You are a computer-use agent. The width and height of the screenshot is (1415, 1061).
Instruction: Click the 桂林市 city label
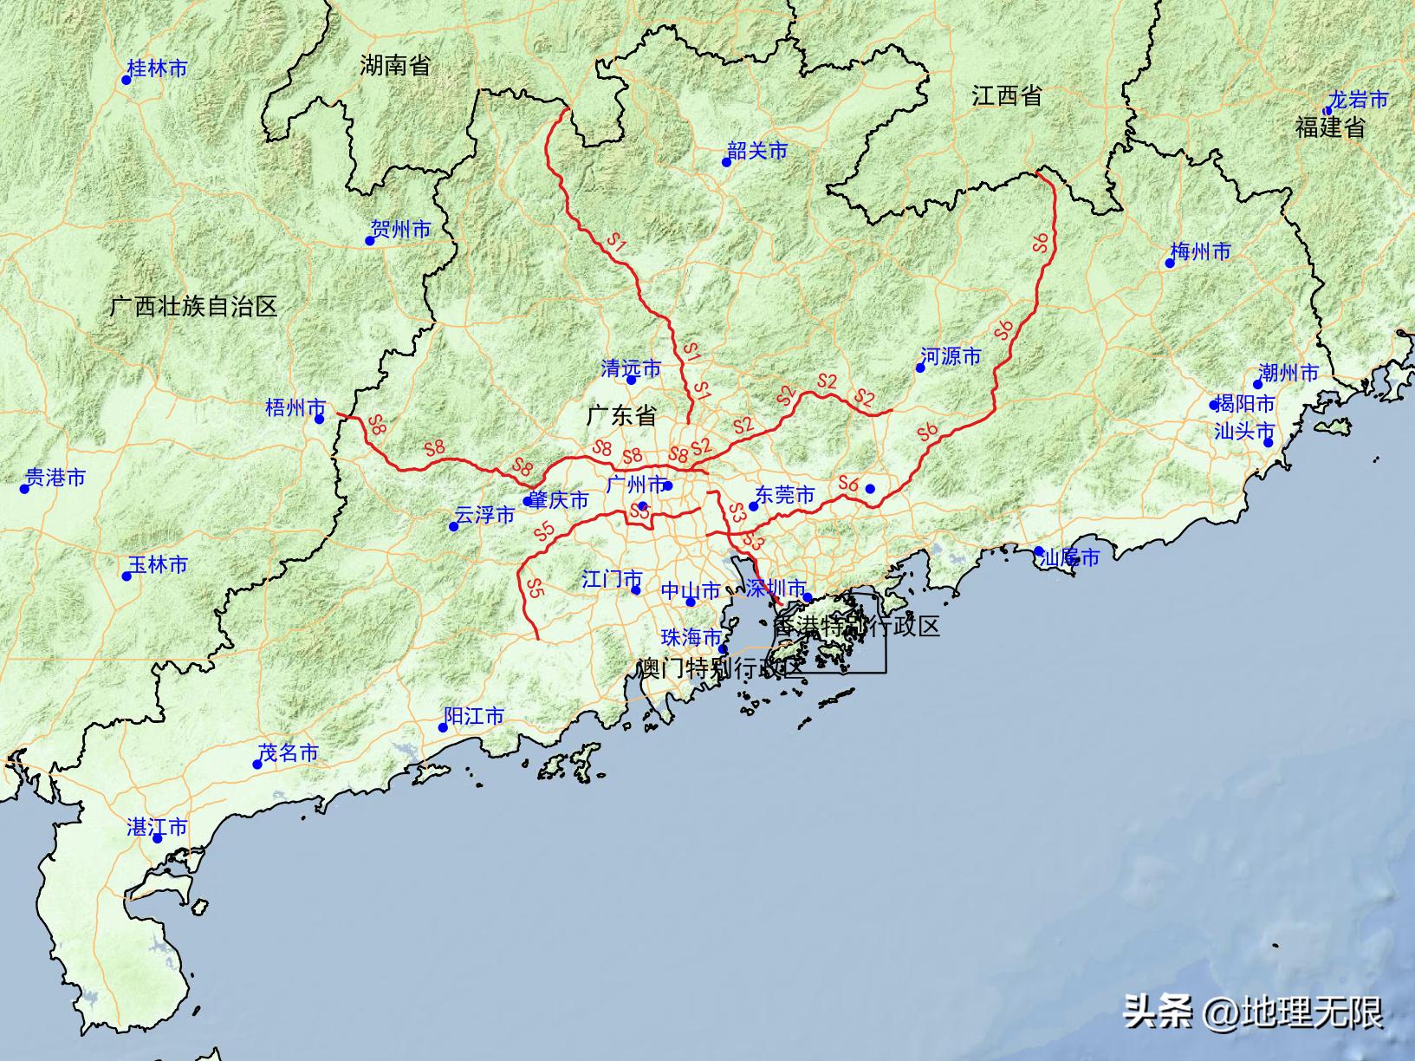(x=157, y=68)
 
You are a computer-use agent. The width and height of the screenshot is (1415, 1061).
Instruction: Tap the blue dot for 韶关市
(x=727, y=162)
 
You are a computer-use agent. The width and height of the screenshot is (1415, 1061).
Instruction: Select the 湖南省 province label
(x=395, y=65)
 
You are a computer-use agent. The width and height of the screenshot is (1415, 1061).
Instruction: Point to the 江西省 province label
(x=1006, y=95)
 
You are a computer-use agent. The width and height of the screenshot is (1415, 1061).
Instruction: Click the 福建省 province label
(x=1330, y=127)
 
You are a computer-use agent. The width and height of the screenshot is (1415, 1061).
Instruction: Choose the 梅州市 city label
(x=1200, y=252)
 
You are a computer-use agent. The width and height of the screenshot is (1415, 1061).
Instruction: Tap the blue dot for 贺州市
(x=370, y=241)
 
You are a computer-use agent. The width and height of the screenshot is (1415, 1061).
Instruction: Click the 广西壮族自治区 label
(x=194, y=306)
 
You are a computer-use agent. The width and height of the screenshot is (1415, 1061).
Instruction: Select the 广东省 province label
(x=621, y=415)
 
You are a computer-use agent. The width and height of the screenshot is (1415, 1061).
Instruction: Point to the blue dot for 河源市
(x=920, y=368)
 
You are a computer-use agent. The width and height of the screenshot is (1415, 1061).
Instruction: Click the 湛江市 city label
(x=157, y=828)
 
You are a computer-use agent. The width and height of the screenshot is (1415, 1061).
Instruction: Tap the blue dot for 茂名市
(x=257, y=765)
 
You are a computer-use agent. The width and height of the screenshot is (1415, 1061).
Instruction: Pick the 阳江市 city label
(x=473, y=716)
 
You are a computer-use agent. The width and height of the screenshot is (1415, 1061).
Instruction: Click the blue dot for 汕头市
(x=1268, y=443)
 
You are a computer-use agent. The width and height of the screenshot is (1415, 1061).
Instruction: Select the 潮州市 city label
(x=1288, y=373)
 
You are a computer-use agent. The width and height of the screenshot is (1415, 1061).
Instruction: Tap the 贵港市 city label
(x=55, y=478)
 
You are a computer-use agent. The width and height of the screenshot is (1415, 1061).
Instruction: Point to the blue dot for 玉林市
(x=127, y=576)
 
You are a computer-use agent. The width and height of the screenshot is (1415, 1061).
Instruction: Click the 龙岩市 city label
(x=1358, y=100)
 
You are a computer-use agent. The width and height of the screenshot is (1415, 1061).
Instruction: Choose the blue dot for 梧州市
(x=320, y=420)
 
